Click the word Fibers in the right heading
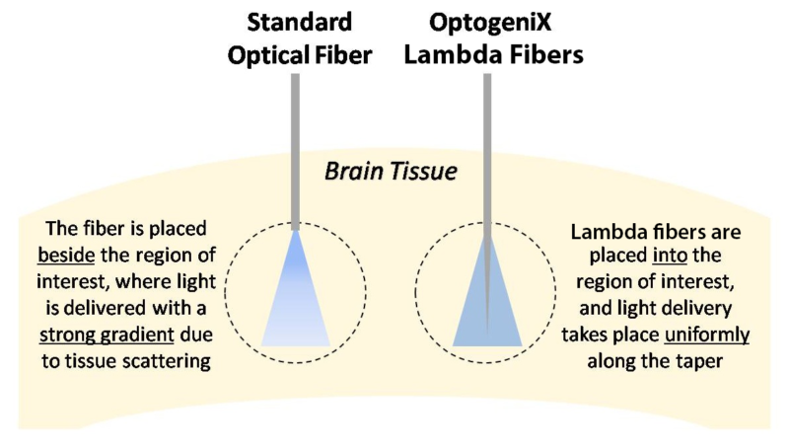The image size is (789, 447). pos(541,55)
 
